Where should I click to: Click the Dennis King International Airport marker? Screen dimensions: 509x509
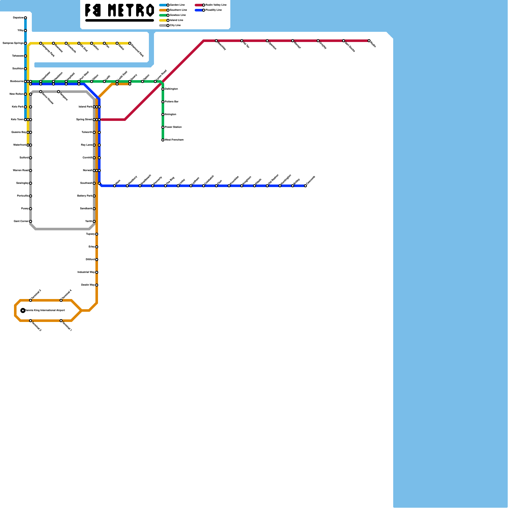click(x=23, y=310)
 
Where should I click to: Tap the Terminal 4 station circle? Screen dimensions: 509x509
click(x=61, y=300)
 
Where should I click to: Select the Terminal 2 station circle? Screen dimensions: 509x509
click(x=31, y=321)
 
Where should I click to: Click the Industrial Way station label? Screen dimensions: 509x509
click(x=86, y=272)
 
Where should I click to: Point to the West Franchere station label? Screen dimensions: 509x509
click(x=174, y=140)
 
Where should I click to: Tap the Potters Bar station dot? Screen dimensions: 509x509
click(x=163, y=102)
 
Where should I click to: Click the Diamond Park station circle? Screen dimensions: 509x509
click(x=130, y=43)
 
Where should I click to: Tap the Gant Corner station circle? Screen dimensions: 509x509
click(x=31, y=221)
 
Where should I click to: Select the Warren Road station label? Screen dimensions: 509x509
click(x=21, y=171)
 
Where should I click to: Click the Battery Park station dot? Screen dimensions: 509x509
click(x=94, y=196)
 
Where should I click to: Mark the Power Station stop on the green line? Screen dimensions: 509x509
click(x=163, y=127)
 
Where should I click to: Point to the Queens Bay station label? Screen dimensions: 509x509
click(x=18, y=132)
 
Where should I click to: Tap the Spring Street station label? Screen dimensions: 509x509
click(x=84, y=120)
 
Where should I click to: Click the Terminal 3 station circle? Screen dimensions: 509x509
click(x=31, y=300)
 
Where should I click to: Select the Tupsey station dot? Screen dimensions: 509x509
click(x=97, y=234)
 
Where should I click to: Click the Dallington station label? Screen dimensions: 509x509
click(x=171, y=89)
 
